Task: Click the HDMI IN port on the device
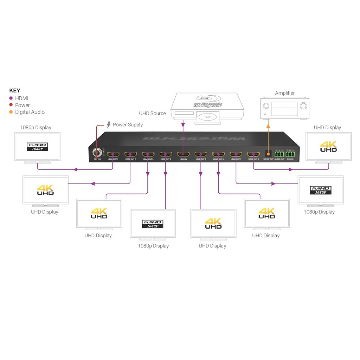(x=183, y=154)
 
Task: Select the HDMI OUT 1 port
(x=113, y=154)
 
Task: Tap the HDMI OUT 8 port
(x=253, y=154)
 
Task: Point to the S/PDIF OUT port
(x=268, y=154)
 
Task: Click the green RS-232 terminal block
(x=290, y=154)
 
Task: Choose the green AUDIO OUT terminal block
(x=279, y=154)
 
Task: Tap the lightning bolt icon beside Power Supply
(x=109, y=125)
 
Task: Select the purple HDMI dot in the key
(x=11, y=98)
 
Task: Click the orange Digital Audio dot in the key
(x=11, y=112)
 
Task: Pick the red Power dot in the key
(x=11, y=105)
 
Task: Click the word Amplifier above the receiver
(x=285, y=93)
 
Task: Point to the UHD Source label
(x=152, y=114)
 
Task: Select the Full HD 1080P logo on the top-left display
(x=37, y=146)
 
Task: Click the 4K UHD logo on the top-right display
(x=328, y=146)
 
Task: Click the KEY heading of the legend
(x=15, y=91)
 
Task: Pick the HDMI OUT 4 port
(x=165, y=154)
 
